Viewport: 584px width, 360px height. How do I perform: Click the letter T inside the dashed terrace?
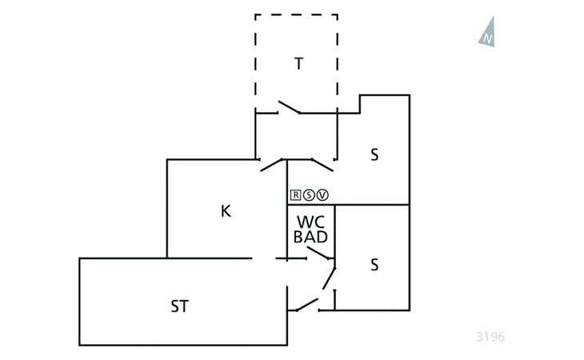coord(298,64)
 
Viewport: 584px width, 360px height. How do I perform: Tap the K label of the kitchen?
coord(226,211)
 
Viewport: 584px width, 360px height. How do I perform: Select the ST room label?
coord(179,306)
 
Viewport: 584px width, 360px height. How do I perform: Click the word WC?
coord(310,222)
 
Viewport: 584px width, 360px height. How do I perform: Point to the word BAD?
coord(310,237)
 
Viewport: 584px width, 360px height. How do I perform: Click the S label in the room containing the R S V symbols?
coord(374,154)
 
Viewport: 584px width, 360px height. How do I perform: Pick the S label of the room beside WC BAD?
coord(374,265)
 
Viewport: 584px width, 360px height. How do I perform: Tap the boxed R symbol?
coord(295,194)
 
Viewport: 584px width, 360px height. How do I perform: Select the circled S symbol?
coord(309,194)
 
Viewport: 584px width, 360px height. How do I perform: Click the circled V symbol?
coord(322,194)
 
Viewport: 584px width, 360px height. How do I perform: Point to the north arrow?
coord(487,32)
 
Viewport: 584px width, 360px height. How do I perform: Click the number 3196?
coord(490,337)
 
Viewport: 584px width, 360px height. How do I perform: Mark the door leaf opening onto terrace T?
coord(290,107)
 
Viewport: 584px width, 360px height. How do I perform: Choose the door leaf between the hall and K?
coord(271,165)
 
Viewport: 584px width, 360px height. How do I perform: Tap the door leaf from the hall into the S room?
coord(322,165)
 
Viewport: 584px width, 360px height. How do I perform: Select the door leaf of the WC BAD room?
coord(318,253)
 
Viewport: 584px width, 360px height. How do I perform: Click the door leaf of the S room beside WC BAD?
coord(330,278)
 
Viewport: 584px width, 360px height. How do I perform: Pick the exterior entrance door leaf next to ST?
coord(307,305)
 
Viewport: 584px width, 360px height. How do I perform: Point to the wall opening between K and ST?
coord(264,258)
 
